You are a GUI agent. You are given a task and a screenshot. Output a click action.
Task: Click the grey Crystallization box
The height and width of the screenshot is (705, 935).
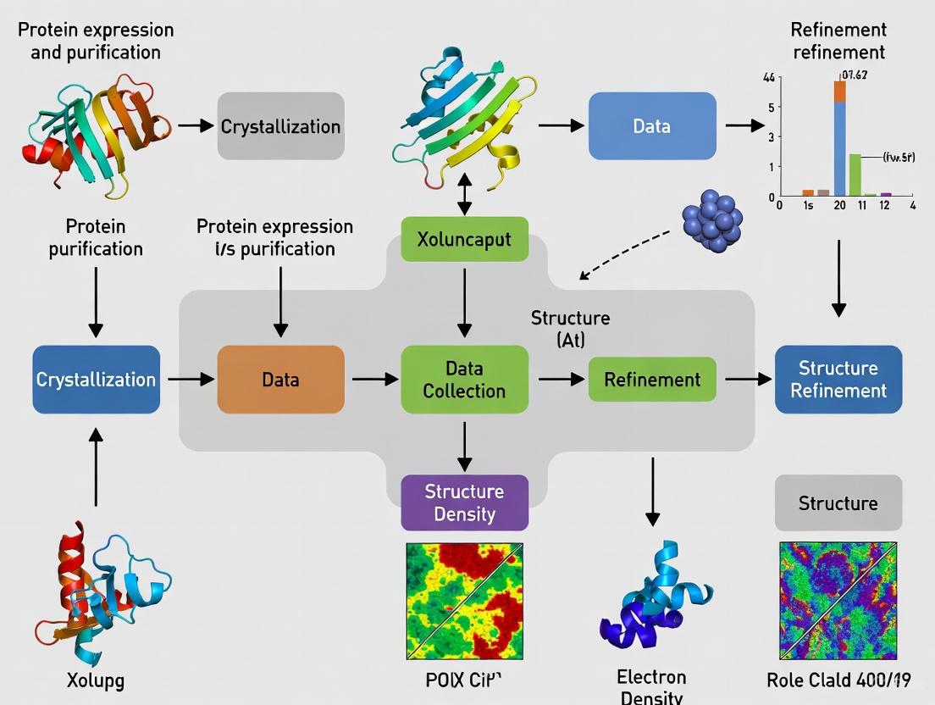pos(280,126)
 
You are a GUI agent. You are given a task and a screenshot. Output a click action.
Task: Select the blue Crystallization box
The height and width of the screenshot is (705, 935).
pos(96,380)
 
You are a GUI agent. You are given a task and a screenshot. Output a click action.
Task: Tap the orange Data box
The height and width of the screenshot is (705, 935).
pos(280,380)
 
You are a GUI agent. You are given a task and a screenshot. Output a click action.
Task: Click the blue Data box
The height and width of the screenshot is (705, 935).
pos(651,126)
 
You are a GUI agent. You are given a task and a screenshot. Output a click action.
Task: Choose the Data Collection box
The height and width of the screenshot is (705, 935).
pos(464,380)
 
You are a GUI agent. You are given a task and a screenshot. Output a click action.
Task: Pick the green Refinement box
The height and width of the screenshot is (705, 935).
pos(651,380)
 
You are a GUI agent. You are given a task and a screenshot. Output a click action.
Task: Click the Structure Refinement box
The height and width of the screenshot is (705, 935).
pos(838,380)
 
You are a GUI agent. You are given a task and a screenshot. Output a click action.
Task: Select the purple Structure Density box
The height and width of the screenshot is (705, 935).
pos(464,502)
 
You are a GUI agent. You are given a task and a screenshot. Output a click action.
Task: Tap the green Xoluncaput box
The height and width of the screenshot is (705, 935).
pos(464,239)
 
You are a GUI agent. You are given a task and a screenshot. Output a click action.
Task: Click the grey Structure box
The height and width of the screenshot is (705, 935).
pos(838,502)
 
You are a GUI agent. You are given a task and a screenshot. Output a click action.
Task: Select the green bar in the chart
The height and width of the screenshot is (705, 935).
pos(855,175)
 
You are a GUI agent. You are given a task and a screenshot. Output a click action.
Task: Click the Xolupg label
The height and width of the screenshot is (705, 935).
pos(95,680)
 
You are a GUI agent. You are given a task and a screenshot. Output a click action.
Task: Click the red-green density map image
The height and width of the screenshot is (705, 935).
pos(464,602)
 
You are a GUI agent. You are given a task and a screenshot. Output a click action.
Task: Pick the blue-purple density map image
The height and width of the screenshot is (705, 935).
pos(838,602)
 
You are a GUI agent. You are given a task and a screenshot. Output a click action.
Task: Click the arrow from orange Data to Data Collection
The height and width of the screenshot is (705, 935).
pos(373,380)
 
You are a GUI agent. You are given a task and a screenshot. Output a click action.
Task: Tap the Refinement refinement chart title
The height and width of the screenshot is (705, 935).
pos(838,41)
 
